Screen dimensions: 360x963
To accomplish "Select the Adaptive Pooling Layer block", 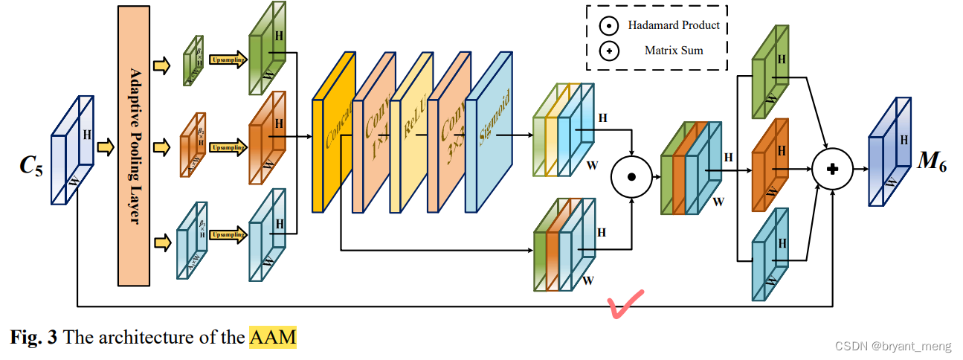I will (x=135, y=147).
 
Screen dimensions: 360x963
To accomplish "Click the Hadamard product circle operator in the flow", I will (x=631, y=177).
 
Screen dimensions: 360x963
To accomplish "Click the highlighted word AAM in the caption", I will (x=272, y=337).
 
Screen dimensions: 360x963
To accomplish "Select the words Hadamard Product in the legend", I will (x=674, y=25).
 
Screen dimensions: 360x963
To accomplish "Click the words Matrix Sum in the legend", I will (x=674, y=51).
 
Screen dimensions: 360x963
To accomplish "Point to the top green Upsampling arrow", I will (x=227, y=59).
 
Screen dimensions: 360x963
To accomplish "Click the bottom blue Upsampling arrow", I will (x=227, y=235).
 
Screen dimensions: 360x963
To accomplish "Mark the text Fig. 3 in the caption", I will (x=33, y=337).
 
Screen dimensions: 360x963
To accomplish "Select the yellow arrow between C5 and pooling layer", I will (x=106, y=147).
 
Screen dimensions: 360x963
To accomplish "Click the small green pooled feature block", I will (x=193, y=60).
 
